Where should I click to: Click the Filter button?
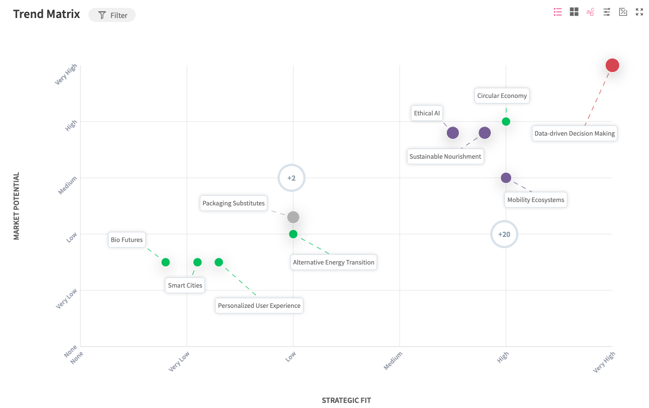(x=112, y=15)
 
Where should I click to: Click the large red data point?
(x=612, y=65)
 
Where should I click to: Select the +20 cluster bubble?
(x=504, y=234)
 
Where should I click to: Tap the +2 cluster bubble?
(x=291, y=178)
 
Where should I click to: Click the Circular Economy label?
(x=502, y=96)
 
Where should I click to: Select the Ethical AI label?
(x=427, y=113)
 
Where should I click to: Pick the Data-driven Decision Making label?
(x=574, y=134)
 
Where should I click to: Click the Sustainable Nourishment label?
(x=445, y=156)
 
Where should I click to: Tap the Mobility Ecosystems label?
(x=535, y=200)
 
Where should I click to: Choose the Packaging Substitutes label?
(x=234, y=203)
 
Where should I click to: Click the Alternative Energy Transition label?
(x=333, y=262)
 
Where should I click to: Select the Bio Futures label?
(x=127, y=240)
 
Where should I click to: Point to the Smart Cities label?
(x=185, y=285)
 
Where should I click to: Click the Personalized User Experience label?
(x=259, y=306)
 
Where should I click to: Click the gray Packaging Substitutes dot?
(x=293, y=217)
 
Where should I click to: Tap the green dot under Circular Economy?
(x=506, y=122)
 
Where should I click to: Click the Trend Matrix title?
(x=47, y=14)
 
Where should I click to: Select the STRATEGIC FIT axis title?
(x=346, y=400)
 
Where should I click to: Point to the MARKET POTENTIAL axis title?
(x=16, y=206)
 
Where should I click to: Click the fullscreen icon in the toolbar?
(x=639, y=12)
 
